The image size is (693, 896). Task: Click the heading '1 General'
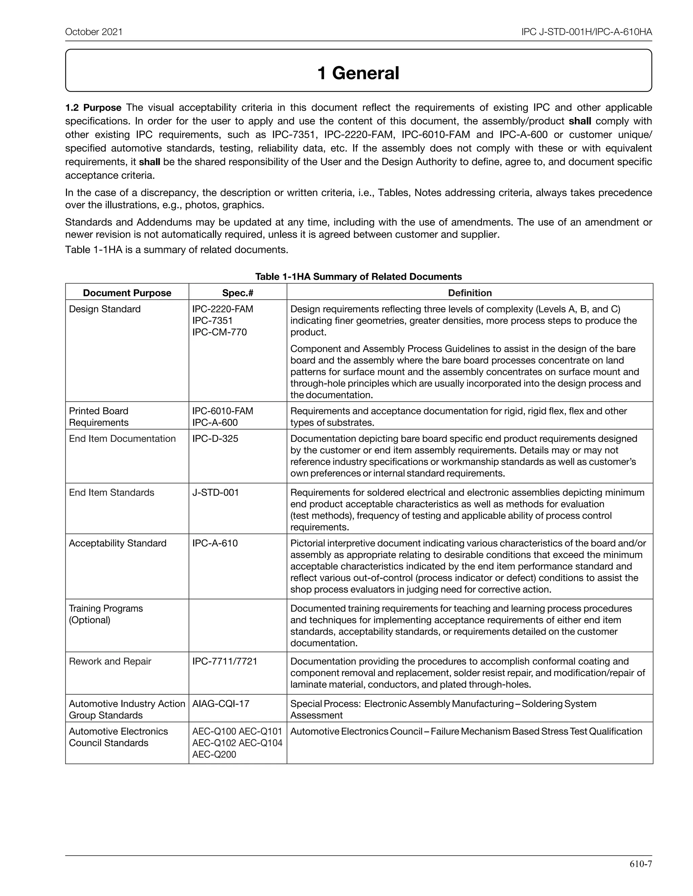click(358, 73)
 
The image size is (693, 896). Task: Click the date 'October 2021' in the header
click(94, 32)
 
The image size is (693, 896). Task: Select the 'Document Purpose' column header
click(127, 293)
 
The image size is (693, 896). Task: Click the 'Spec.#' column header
click(237, 293)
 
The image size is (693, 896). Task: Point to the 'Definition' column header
click(470, 293)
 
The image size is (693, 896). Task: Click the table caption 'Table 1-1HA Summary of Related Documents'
click(358, 277)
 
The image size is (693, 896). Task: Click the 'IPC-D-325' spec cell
click(215, 439)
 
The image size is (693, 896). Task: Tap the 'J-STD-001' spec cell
click(216, 492)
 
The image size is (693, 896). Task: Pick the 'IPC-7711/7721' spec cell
click(225, 661)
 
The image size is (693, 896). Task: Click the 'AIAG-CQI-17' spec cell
click(221, 704)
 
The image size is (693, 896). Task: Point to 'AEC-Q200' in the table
click(214, 754)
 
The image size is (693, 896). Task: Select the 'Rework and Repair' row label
click(110, 661)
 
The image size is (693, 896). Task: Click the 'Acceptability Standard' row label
click(117, 543)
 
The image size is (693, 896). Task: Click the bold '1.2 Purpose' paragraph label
click(93, 108)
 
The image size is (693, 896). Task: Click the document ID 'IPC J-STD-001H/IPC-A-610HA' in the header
click(586, 32)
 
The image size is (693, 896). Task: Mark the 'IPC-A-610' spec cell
click(215, 543)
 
